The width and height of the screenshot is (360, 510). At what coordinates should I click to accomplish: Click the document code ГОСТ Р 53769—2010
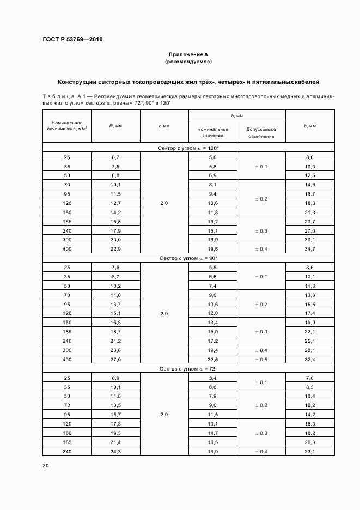point(72,40)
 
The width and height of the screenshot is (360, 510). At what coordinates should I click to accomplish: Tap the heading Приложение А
point(188,55)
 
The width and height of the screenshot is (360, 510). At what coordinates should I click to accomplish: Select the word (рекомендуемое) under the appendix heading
point(188,62)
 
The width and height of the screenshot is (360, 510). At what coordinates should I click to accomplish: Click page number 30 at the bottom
point(45,465)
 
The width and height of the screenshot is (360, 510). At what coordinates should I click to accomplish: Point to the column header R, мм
point(115,126)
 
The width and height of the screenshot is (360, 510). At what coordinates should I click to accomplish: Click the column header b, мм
point(310,126)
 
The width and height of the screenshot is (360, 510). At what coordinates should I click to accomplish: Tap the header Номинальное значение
point(213,133)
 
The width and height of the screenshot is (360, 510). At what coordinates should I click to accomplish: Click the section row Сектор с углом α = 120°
point(189,148)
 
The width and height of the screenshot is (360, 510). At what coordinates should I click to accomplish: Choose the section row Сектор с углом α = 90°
point(189,258)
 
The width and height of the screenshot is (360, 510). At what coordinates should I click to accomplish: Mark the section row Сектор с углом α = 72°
point(189,369)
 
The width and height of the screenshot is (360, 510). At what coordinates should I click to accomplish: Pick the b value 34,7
point(310,249)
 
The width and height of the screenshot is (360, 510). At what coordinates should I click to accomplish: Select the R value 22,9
point(115,249)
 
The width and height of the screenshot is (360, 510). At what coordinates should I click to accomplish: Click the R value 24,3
point(115,452)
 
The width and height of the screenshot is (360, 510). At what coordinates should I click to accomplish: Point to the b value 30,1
point(310,240)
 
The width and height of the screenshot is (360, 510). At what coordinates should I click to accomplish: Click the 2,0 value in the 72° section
point(164,415)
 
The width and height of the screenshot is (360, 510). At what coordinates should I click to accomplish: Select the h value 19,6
point(213,249)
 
